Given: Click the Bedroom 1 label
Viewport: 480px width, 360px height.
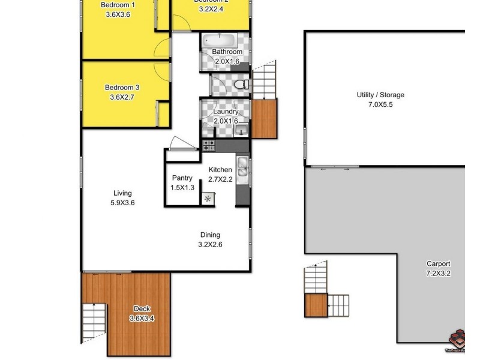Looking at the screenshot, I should tap(118, 5).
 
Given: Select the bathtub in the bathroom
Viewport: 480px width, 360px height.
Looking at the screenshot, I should tap(220, 41).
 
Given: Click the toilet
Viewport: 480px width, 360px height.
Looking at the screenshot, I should tap(242, 85).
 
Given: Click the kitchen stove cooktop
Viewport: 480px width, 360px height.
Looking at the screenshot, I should tap(209, 145).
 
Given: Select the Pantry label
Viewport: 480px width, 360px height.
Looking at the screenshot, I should tap(182, 178).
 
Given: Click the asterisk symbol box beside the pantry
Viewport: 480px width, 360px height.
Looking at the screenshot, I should tap(208, 199).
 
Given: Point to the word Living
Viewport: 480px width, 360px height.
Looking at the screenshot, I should tap(122, 193).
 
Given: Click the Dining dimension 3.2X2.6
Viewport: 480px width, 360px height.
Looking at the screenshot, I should tap(210, 244).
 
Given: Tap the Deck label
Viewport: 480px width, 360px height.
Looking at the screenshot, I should tap(142, 309).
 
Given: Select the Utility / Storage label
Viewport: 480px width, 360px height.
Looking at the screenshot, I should tap(380, 95).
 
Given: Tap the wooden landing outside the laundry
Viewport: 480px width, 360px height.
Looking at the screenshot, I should tap(263, 118).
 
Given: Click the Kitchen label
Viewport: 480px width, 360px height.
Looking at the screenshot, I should tap(220, 170).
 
